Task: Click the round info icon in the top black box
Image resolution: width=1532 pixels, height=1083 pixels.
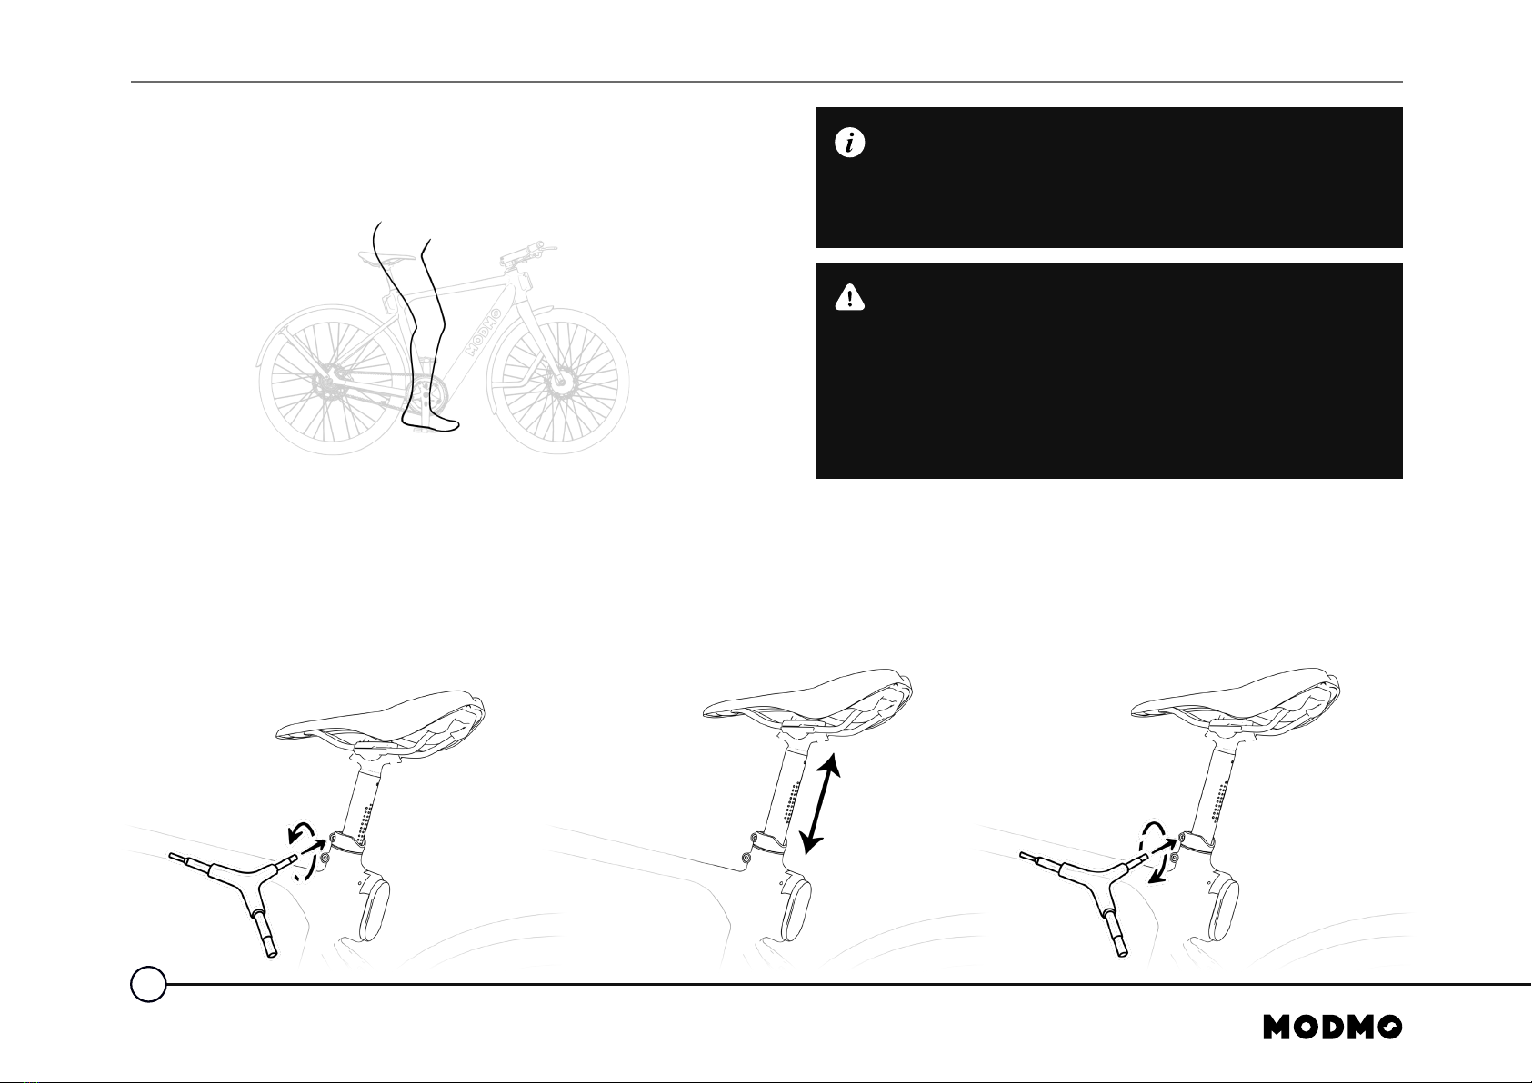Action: (x=849, y=144)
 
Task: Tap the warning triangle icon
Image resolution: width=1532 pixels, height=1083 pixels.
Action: (x=849, y=298)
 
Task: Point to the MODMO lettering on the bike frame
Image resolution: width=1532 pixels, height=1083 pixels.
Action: (x=484, y=332)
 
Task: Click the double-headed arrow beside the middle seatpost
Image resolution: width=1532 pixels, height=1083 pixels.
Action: (x=820, y=803)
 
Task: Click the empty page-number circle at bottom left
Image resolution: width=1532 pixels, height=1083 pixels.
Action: (x=148, y=984)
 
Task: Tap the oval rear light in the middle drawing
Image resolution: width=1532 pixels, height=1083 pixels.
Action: (x=796, y=910)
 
